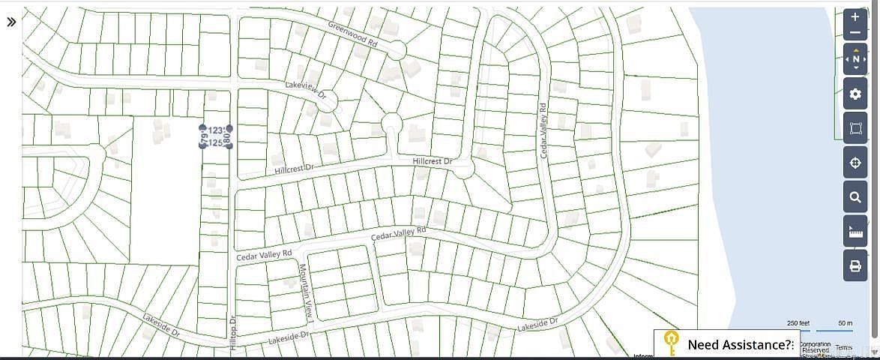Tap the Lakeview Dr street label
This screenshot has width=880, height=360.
pyautogui.click(x=306, y=90)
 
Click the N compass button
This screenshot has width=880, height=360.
pyautogui.click(x=855, y=58)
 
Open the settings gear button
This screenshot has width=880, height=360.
pyautogui.click(x=855, y=94)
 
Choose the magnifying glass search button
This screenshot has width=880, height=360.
pyautogui.click(x=855, y=198)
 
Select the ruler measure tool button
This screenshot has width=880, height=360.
pyautogui.click(x=855, y=232)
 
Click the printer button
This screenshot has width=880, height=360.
pyautogui.click(x=855, y=266)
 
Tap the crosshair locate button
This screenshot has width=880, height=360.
pyautogui.click(x=855, y=163)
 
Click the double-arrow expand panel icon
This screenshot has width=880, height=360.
pyautogui.click(x=11, y=22)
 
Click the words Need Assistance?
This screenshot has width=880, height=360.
pyautogui.click(x=740, y=345)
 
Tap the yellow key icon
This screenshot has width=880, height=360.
pyautogui.click(x=670, y=343)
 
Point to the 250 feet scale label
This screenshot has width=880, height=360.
pyautogui.click(x=798, y=323)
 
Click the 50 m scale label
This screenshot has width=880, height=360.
pyautogui.click(x=845, y=323)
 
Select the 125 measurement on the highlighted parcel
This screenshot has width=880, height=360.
pyautogui.click(x=215, y=142)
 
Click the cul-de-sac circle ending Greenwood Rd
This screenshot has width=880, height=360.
pyautogui.click(x=397, y=50)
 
